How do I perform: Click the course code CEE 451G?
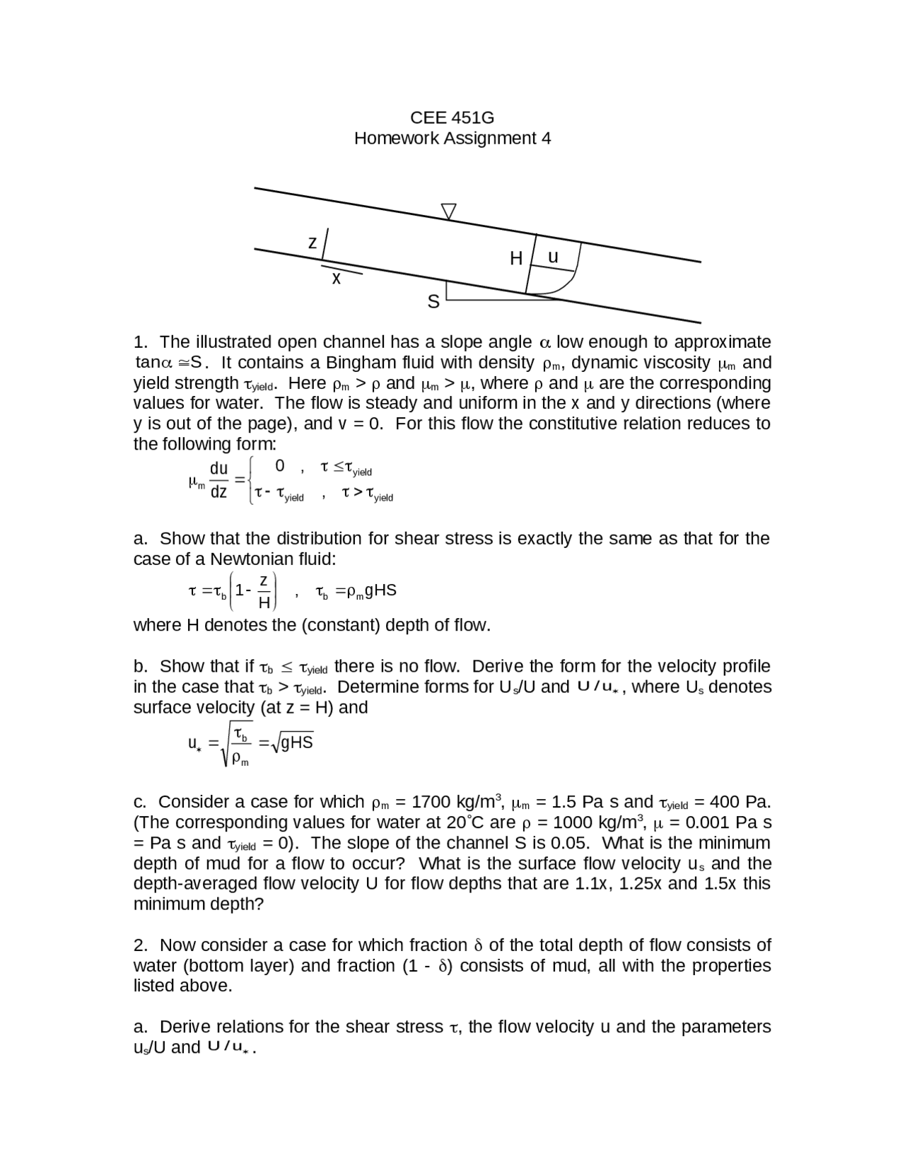click(x=452, y=117)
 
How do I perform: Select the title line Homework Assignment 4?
click(x=452, y=138)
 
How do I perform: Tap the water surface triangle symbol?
click(x=448, y=211)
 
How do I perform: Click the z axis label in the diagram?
click(x=313, y=243)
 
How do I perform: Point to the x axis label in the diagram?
click(x=337, y=279)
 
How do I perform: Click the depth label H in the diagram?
click(x=516, y=259)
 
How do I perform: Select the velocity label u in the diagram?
click(x=553, y=257)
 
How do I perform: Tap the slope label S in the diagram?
click(x=433, y=303)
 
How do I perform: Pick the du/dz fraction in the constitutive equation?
click(x=219, y=479)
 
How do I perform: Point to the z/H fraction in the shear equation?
click(x=264, y=591)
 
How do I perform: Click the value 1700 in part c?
click(x=431, y=802)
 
